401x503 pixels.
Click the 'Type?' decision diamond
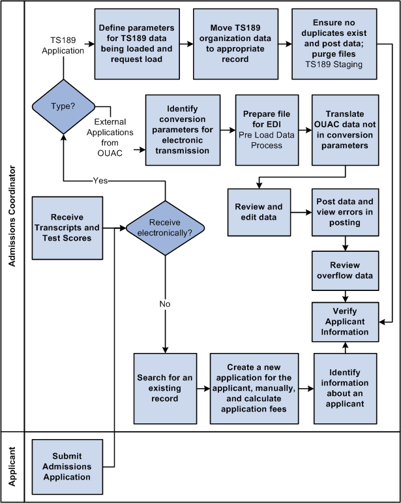tap(63, 106)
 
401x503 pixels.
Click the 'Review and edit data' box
tap(259, 212)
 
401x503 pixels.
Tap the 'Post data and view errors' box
tap(344, 212)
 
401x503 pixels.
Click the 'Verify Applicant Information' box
tap(344, 321)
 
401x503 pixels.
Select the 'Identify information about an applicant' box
tap(344, 388)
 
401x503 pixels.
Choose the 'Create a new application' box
tap(259, 388)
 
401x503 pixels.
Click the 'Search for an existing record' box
tap(166, 388)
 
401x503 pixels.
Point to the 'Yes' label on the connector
tap(100, 181)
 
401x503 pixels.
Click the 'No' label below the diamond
tap(164, 303)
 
